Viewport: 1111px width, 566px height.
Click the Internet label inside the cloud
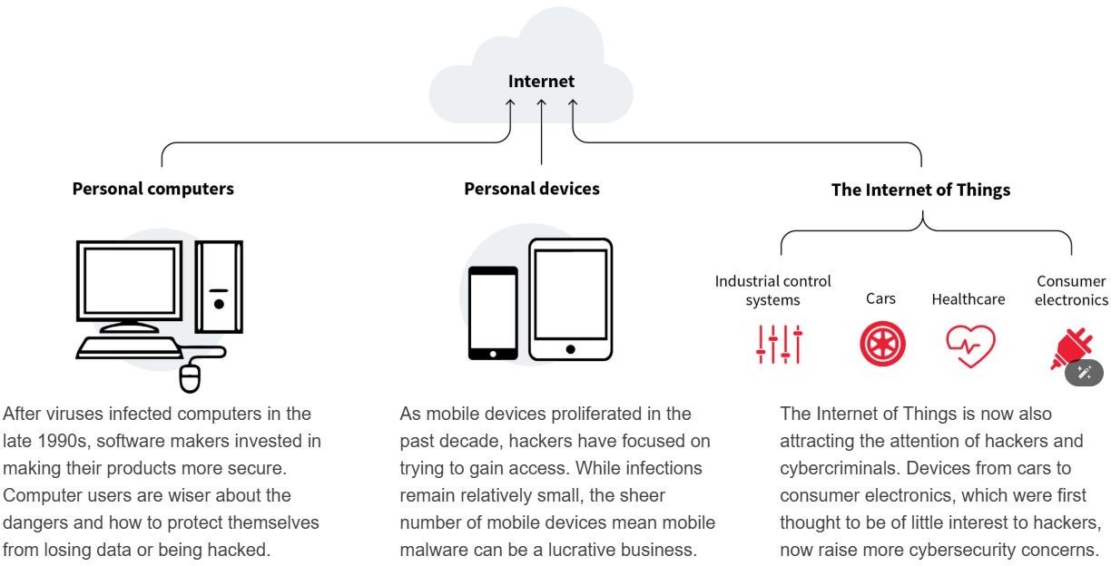(x=541, y=82)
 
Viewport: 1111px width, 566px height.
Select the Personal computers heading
(x=152, y=189)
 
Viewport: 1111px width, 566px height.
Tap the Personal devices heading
(x=531, y=189)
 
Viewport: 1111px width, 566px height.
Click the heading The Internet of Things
(x=920, y=190)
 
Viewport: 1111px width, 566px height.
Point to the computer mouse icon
(x=190, y=377)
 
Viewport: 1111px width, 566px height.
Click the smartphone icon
(x=493, y=313)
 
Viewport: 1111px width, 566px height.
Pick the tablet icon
(x=570, y=299)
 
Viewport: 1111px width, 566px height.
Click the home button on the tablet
(x=570, y=349)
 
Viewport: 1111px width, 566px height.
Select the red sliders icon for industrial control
(x=779, y=345)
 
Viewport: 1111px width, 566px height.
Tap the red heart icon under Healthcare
(x=970, y=346)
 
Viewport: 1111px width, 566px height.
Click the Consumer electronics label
(x=1071, y=290)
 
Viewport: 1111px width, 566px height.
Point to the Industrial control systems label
(x=772, y=290)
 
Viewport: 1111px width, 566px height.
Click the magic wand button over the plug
(x=1084, y=373)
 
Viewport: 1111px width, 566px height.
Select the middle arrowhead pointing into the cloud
(x=541, y=103)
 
